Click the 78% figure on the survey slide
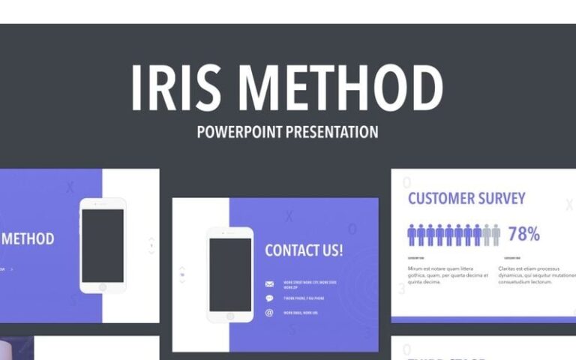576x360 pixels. click(x=523, y=234)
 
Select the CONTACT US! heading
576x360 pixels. click(x=304, y=250)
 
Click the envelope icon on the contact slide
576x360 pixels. click(x=269, y=285)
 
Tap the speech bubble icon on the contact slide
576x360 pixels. click(x=269, y=298)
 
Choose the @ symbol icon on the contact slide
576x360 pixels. click(x=269, y=312)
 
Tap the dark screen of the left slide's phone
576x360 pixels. click(x=103, y=245)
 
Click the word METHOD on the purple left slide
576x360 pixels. click(x=28, y=239)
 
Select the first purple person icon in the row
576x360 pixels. click(x=412, y=235)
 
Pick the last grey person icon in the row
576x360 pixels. click(x=496, y=235)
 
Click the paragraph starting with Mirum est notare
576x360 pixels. click(x=442, y=274)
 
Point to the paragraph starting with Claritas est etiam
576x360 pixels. click(x=536, y=274)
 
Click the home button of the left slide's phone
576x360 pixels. click(x=103, y=287)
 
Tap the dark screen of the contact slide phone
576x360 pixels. click(x=230, y=274)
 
